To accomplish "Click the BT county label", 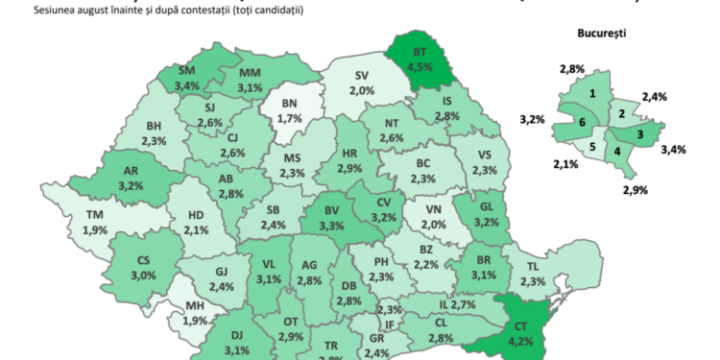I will tap(420, 52).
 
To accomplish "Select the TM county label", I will tap(95, 215).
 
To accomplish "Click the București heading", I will tap(602, 33).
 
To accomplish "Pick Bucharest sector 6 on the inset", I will tap(582, 123).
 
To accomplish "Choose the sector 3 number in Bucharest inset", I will tap(639, 134).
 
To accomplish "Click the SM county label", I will tap(188, 70).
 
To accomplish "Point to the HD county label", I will tap(196, 216).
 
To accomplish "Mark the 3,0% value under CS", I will tap(144, 276).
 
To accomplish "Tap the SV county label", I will tap(362, 75).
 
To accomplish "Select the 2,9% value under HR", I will tap(349, 169).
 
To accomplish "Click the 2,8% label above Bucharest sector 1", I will tap(573, 68).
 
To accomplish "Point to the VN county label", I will tap(434, 208).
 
